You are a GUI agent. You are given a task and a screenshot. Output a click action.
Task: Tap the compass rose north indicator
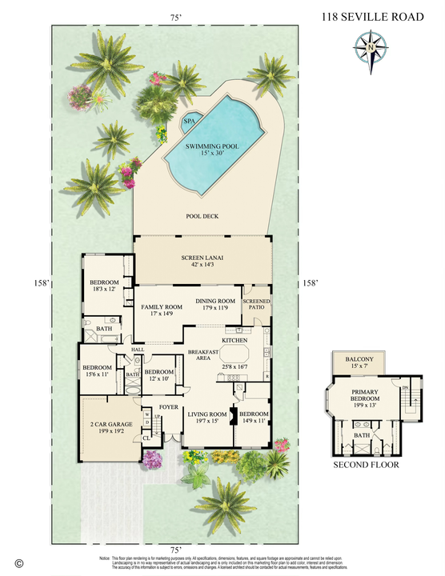pos(369,46)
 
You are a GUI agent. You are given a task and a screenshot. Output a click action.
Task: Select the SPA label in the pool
pos(189,122)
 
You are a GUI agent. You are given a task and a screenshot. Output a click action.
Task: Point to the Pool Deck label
pos(202,216)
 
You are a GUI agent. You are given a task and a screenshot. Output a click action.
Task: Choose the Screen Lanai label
pos(202,262)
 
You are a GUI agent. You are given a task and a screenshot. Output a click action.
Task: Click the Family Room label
pos(162,310)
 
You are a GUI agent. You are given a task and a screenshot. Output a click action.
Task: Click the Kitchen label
pos(234,341)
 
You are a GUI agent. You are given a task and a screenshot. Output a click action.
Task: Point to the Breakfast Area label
pos(203,356)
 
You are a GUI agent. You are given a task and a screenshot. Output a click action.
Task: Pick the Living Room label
pos(208,418)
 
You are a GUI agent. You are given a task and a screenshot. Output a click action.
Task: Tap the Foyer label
pos(169,406)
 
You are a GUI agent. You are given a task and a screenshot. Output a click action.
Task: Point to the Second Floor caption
pos(365,465)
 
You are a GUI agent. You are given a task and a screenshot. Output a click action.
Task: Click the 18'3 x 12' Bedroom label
pos(104,287)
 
